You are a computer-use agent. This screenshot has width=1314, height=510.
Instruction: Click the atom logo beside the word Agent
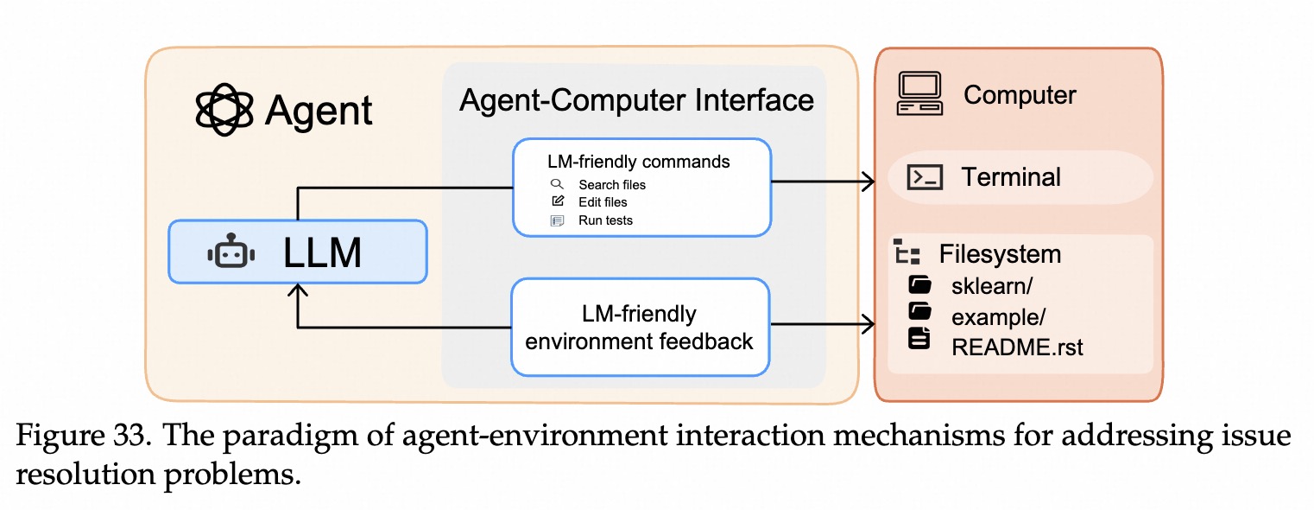pyautogui.click(x=224, y=110)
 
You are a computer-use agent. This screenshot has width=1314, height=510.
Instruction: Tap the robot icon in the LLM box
pyautogui.click(x=231, y=252)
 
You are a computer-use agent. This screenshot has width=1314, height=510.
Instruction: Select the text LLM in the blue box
pyautogui.click(x=322, y=252)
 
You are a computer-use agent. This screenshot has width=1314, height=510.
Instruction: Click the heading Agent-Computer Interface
pyautogui.click(x=636, y=100)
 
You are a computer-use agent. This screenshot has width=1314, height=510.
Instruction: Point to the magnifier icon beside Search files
pyautogui.click(x=557, y=184)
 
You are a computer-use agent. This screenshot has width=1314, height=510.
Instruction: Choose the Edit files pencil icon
pyautogui.click(x=558, y=201)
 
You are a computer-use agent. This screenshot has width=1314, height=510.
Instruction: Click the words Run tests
pyautogui.click(x=605, y=220)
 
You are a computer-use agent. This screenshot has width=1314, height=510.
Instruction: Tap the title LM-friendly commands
pyautogui.click(x=638, y=162)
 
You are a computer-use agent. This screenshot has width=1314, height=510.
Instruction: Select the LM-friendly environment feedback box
pyautogui.click(x=640, y=327)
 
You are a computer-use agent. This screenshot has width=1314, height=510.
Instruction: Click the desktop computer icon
pyautogui.click(x=919, y=94)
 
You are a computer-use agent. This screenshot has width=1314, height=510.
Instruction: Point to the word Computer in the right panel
pyautogui.click(x=1020, y=94)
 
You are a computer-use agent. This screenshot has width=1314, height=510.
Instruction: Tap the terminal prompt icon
pyautogui.click(x=924, y=177)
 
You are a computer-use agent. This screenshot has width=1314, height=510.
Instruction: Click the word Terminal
pyautogui.click(x=1011, y=177)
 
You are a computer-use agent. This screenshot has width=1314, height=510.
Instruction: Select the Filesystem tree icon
pyautogui.click(x=906, y=252)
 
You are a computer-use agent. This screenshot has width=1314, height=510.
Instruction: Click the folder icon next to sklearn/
pyautogui.click(x=919, y=285)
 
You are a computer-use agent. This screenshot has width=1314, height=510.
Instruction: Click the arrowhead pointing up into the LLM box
pyautogui.click(x=298, y=291)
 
